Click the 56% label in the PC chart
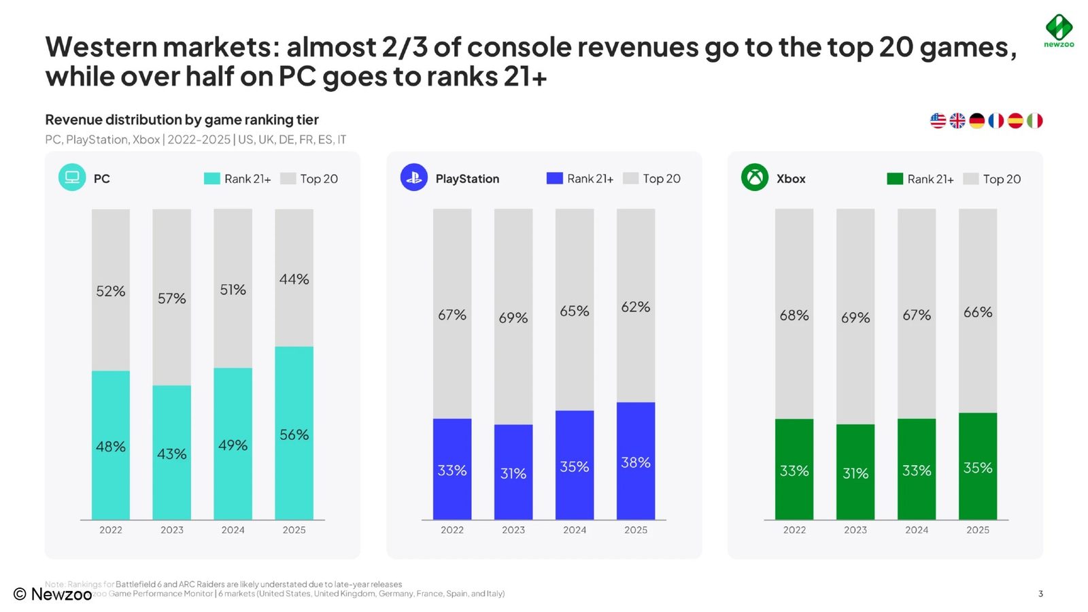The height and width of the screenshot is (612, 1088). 294,435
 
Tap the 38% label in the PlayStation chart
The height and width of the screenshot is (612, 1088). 635,462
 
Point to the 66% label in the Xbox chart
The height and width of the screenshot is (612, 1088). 977,312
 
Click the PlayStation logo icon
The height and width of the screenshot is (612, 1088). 413,177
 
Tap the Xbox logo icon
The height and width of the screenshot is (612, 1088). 754,177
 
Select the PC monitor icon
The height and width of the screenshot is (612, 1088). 72,177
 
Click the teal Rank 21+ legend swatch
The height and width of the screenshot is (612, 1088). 211,178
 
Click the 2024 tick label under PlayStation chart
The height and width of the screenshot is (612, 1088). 574,530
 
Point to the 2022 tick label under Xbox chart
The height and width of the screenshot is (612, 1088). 794,530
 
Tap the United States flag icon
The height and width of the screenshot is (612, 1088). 938,120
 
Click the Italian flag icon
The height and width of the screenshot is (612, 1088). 1034,120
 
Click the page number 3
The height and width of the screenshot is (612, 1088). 1040,594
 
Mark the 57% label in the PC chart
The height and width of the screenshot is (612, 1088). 171,298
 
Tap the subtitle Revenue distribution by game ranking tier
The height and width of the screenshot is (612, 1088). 182,120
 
